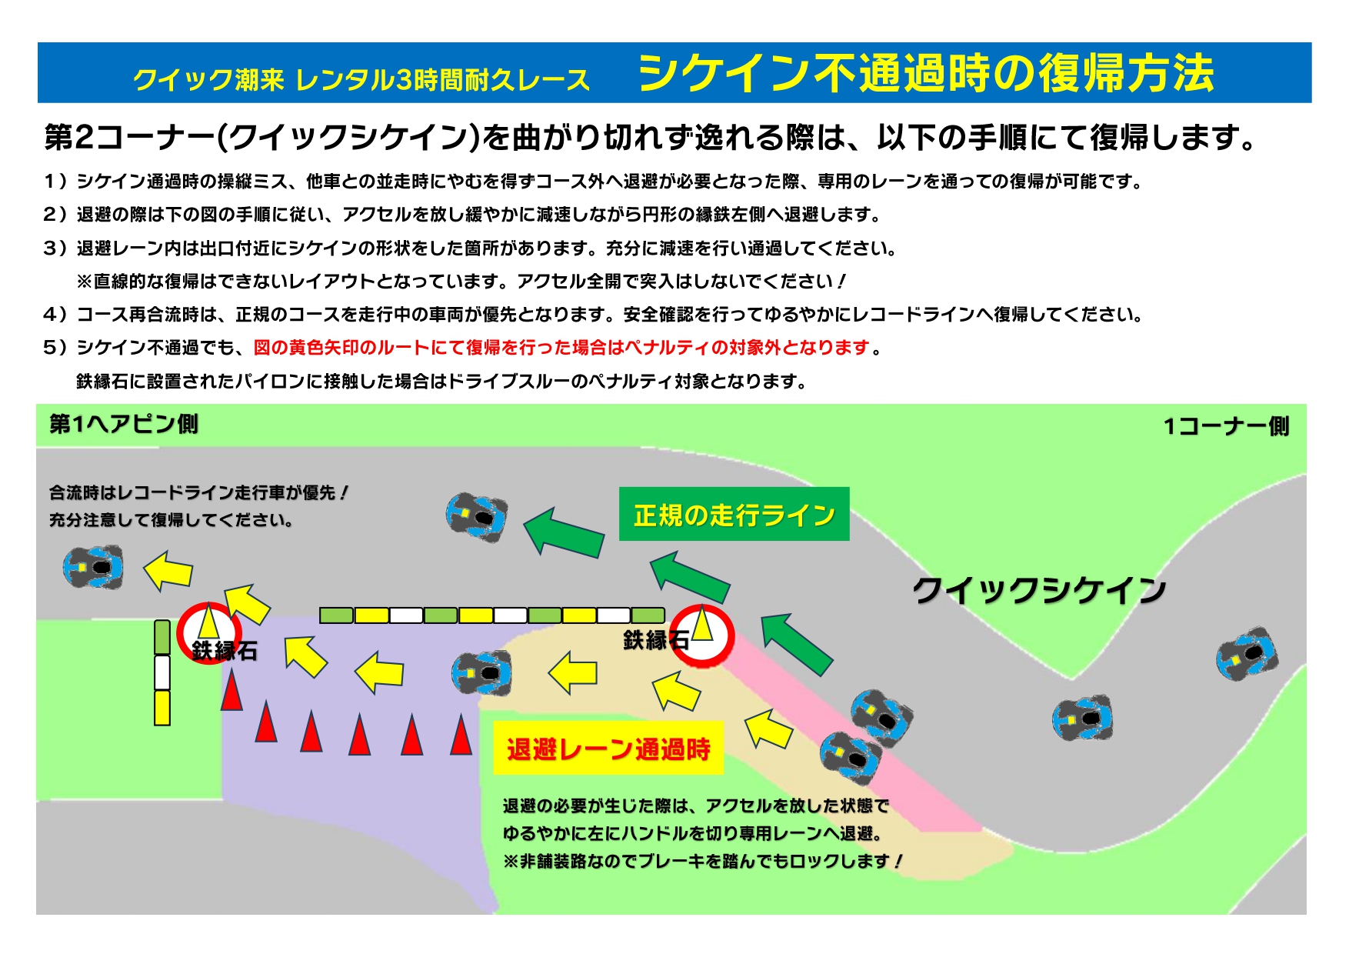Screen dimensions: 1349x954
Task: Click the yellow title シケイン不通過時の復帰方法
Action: (926, 74)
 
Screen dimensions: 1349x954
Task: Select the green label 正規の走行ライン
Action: (734, 514)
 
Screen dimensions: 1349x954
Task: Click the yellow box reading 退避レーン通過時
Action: (608, 748)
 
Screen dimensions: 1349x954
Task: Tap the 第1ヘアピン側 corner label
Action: (124, 424)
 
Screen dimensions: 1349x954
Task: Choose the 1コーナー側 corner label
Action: (1226, 426)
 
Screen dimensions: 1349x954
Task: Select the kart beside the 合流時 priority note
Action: (93, 568)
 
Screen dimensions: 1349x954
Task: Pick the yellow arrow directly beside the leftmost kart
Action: (168, 571)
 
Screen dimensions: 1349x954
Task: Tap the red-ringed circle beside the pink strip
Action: (702, 635)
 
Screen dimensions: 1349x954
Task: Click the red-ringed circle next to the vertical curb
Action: (208, 632)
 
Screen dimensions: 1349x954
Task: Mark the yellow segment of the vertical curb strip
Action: (162, 708)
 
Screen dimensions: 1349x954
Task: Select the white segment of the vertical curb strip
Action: (162, 672)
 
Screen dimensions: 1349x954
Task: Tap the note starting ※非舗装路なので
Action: (702, 862)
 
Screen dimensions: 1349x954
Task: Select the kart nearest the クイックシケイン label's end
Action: (1247, 654)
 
